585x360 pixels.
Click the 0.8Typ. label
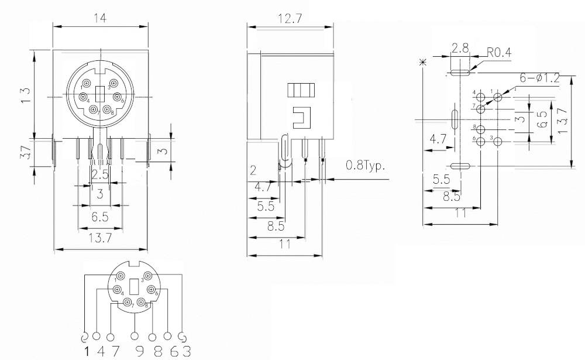(x=366, y=166)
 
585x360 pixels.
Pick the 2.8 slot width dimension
(x=460, y=48)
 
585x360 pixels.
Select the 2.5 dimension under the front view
(x=100, y=174)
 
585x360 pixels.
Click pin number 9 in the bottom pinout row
(x=136, y=351)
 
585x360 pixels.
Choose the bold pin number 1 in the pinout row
(x=87, y=351)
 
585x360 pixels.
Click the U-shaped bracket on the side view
(x=301, y=116)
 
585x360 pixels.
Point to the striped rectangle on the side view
(x=301, y=91)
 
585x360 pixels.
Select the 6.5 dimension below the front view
(x=101, y=217)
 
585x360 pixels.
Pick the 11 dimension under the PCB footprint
(x=460, y=214)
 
